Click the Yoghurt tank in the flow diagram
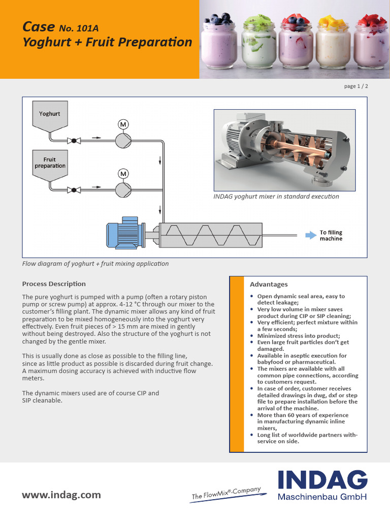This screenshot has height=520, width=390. pyautogui.click(x=50, y=115)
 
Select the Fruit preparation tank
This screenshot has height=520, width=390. pyautogui.click(x=50, y=164)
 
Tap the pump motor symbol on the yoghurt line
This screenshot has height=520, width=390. pyautogui.click(x=123, y=124)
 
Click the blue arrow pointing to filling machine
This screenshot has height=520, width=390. pyautogui.click(x=310, y=235)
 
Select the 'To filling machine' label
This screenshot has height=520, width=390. pyautogui.click(x=331, y=236)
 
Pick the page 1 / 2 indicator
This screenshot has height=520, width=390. pyautogui.click(x=356, y=86)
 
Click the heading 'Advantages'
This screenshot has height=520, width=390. pyautogui.click(x=269, y=284)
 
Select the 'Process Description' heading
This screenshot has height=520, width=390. pyautogui.click(x=54, y=284)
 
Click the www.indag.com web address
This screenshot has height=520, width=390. pyautogui.click(x=61, y=495)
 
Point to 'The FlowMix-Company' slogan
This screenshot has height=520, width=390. pyautogui.click(x=226, y=494)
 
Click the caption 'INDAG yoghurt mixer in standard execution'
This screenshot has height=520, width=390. pyautogui.click(x=276, y=197)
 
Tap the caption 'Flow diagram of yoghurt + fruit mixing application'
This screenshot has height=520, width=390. pyautogui.click(x=95, y=264)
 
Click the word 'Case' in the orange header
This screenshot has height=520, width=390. pyautogui.click(x=39, y=26)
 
